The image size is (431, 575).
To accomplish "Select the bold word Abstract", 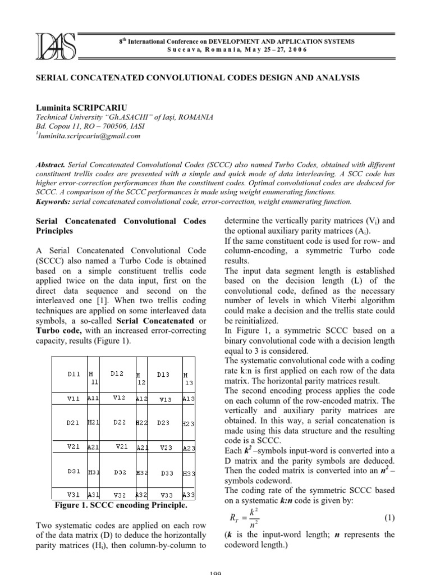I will [51, 165].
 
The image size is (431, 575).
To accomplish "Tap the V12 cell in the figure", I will [118, 398].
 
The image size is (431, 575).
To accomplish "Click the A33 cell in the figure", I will [189, 495].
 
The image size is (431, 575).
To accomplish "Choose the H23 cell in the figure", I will [189, 423].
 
